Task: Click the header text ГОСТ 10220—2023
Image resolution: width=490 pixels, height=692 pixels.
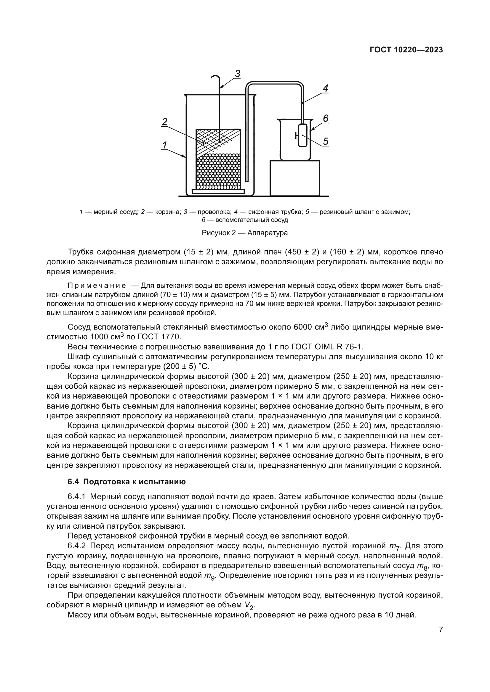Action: tap(406, 50)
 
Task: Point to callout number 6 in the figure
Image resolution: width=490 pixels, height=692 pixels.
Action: tap(325, 118)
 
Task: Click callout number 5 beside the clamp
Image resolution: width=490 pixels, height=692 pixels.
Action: tap(325, 141)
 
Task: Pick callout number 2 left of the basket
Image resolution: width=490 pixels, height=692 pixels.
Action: tap(165, 122)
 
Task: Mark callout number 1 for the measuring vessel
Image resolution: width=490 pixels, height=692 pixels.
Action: tap(165, 145)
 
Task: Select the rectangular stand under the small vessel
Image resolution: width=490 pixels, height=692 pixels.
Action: tap(294, 178)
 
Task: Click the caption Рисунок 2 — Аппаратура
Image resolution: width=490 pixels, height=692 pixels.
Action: tap(244, 233)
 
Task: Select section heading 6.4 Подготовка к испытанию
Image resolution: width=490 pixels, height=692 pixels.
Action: tap(127, 482)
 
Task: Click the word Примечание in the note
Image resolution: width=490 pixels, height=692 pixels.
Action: tap(97, 285)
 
